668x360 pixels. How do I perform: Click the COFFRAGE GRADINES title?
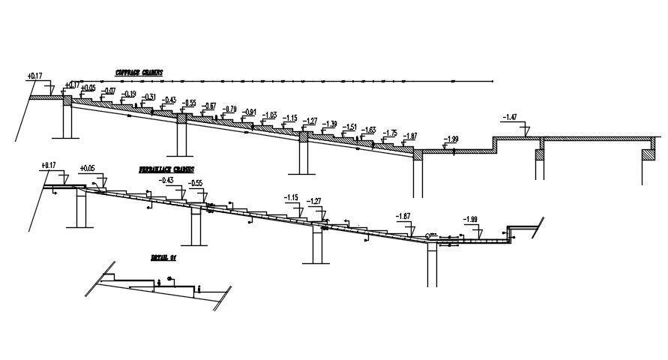coord(139,73)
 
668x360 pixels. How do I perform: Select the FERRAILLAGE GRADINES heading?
coord(166,169)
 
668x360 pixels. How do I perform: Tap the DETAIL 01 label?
coord(163,257)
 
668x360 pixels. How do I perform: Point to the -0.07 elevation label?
coord(109,91)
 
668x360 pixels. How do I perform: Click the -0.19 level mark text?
coord(129,94)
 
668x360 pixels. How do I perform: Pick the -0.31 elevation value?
coord(149,97)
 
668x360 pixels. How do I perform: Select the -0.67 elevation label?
coord(209,106)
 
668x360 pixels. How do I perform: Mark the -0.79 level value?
coord(229,109)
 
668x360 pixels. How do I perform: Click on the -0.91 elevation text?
coord(250,112)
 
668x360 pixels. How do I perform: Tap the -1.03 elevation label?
coord(269,115)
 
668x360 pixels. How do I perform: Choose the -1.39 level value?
coord(329,124)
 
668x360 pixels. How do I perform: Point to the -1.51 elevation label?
coord(349,127)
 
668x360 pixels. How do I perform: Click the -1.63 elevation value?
coord(368,130)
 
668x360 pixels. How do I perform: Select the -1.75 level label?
coord(390,133)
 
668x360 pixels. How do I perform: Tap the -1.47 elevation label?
coord(510,117)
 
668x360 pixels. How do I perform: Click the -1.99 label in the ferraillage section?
coord(470,219)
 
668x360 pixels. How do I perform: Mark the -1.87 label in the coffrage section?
coord(409,136)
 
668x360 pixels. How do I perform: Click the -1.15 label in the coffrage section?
coord(289,118)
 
